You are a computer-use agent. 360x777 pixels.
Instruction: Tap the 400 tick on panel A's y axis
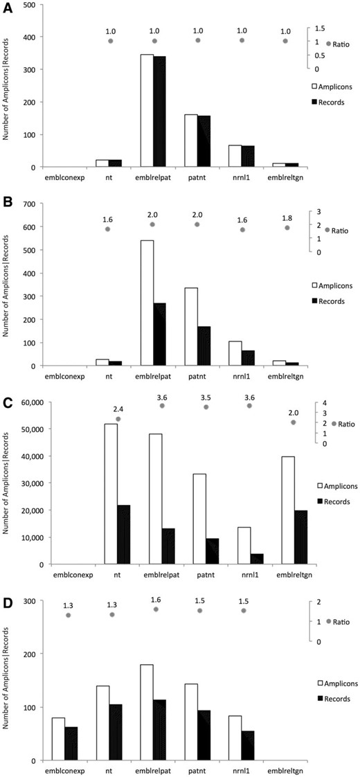click(x=31, y=37)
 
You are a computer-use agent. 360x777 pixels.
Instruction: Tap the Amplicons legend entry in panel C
click(x=336, y=485)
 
